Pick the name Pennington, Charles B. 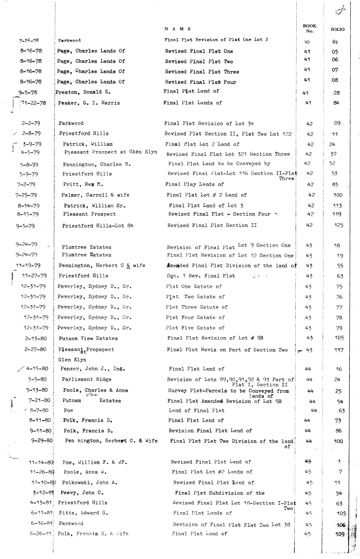click(95, 164)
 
